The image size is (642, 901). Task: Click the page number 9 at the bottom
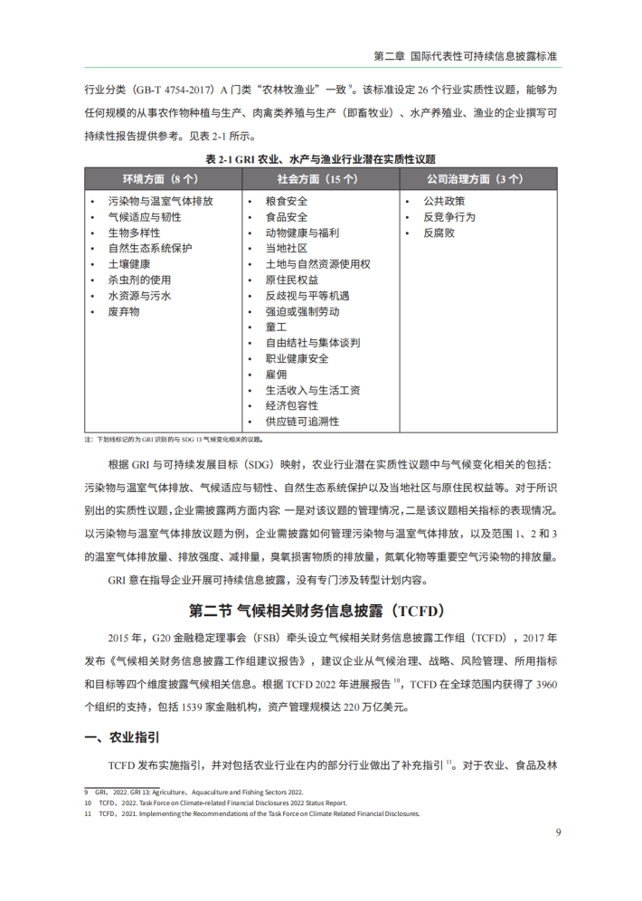(558, 832)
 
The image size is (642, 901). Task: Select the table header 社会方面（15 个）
(320, 179)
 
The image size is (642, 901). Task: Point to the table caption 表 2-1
(320, 158)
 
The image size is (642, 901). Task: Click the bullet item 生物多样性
(134, 233)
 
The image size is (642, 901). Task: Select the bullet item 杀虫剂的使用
(139, 280)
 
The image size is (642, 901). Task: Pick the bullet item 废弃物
(123, 311)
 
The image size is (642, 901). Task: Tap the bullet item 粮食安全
(286, 202)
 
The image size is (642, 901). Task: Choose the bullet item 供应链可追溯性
(302, 422)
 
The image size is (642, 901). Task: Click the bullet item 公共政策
(444, 202)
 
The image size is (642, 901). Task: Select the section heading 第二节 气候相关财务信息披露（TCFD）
(320, 610)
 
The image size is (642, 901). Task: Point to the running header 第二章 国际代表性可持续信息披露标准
(465, 56)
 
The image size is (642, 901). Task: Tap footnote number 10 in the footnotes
(88, 802)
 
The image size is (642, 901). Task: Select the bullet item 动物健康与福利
(302, 233)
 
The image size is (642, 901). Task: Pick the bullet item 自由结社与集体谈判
(312, 343)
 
